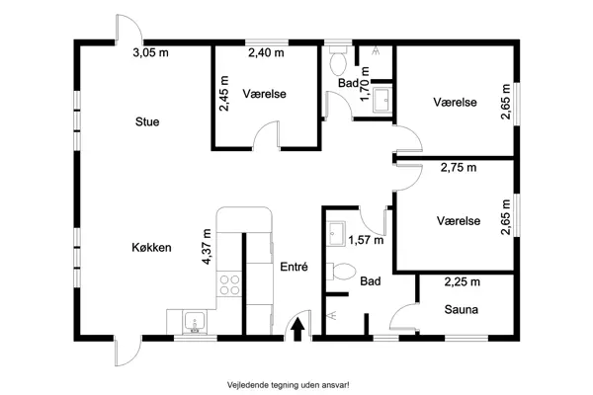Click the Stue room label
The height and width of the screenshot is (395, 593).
[x=147, y=121]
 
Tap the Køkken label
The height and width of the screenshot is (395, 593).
[x=152, y=248]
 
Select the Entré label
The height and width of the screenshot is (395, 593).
[x=294, y=267]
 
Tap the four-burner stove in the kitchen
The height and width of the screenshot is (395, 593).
[x=229, y=284]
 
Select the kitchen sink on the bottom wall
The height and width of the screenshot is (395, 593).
[x=193, y=322]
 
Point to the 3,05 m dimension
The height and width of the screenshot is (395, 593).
[x=149, y=53]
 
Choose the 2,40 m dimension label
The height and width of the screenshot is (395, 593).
[x=265, y=53]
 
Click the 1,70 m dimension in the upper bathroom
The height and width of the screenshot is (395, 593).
[x=365, y=85]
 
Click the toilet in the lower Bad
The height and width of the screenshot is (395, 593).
[x=342, y=272]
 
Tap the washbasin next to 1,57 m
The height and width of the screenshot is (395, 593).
[x=336, y=232]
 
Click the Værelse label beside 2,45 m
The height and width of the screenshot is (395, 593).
[x=265, y=95]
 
